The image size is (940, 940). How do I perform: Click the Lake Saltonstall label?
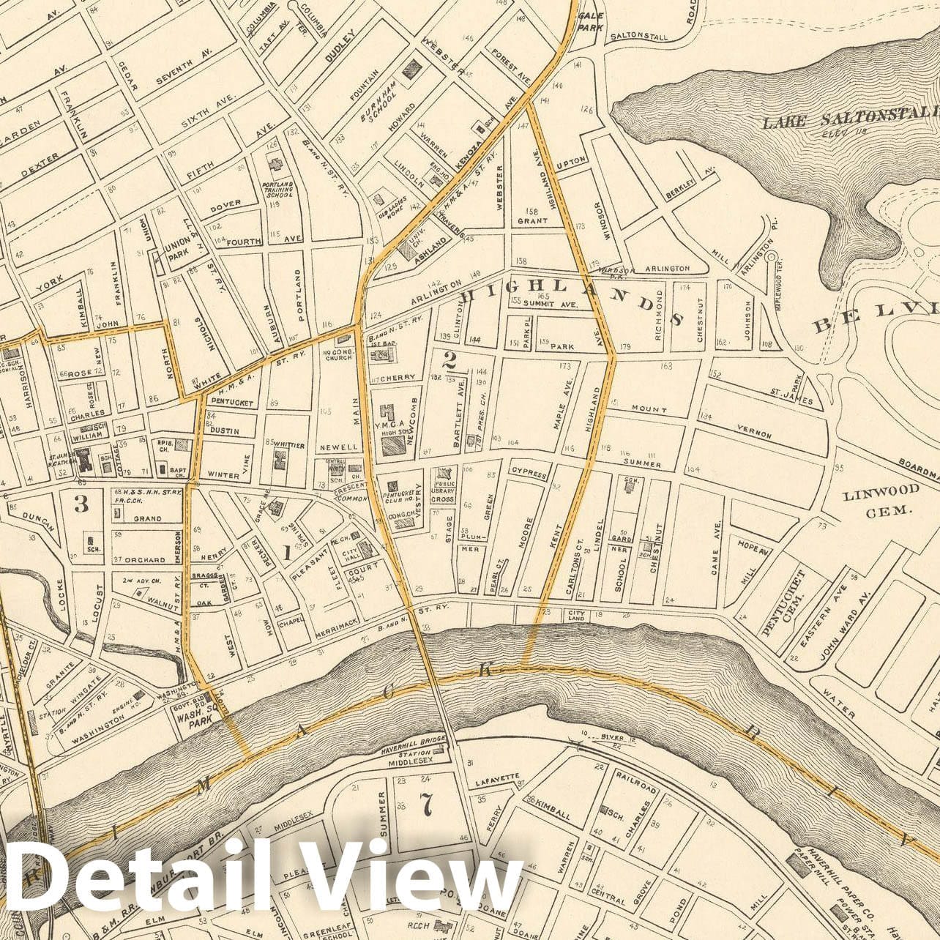[x=850, y=119]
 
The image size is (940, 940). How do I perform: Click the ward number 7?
[x=428, y=804]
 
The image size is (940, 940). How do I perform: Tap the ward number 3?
[x=81, y=503]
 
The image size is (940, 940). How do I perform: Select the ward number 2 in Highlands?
[x=450, y=359]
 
